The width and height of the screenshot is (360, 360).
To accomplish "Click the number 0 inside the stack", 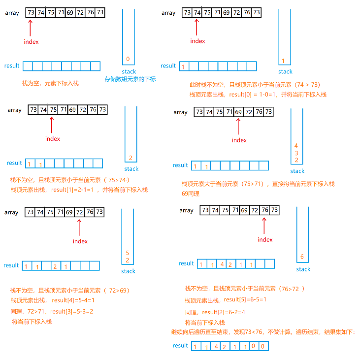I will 128,60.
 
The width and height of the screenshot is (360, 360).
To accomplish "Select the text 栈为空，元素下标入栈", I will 50,83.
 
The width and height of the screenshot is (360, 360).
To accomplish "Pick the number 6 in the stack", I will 302,257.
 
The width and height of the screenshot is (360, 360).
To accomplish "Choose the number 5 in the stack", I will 127,253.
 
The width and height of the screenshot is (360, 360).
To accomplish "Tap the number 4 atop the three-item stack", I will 296,145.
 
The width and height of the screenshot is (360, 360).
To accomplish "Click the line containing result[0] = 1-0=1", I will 258,95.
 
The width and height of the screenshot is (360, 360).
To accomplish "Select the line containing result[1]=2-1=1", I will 79,190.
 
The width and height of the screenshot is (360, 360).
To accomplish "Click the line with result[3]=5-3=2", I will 52,311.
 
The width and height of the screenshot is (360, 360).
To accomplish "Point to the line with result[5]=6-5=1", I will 226,300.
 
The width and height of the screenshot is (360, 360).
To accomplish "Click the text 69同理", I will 191,194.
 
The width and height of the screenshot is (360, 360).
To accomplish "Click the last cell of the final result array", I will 264,346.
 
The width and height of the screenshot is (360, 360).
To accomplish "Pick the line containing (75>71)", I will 258,184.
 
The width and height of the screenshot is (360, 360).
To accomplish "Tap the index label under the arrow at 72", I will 80,241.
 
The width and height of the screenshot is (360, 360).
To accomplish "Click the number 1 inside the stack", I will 284,61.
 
